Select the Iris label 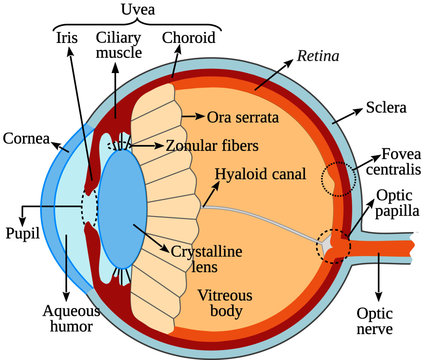click(x=66, y=39)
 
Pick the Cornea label click(x=26, y=137)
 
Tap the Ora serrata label click(x=241, y=117)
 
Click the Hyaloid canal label click(x=262, y=174)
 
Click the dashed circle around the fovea click(x=337, y=179)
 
